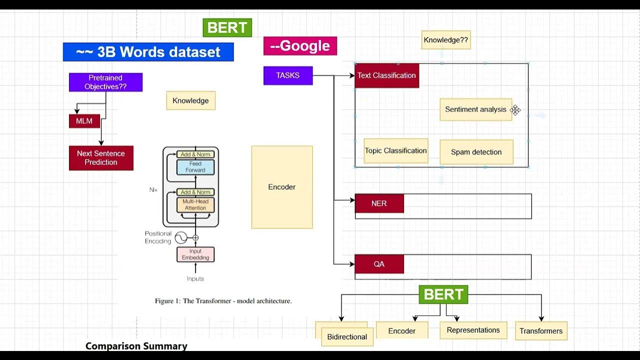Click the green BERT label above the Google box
tap(227, 28)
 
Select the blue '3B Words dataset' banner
tap(148, 52)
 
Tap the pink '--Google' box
tap(300, 46)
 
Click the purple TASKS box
tap(288, 75)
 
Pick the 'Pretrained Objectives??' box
tap(105, 82)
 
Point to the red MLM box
tap(84, 121)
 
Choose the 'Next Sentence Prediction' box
tap(101, 158)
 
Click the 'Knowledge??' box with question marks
tap(445, 40)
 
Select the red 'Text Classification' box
tap(386, 75)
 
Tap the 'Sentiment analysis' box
tap(475, 109)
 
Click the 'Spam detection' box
tap(476, 152)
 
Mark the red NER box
tap(379, 204)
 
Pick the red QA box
tap(379, 264)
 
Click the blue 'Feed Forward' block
tap(195, 167)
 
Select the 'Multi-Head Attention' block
tap(195, 204)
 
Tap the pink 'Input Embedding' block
tap(195, 254)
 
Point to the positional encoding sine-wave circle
tap(180, 238)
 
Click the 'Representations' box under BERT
tap(473, 330)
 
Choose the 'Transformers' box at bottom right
tap(541, 331)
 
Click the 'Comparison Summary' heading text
tap(136, 346)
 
